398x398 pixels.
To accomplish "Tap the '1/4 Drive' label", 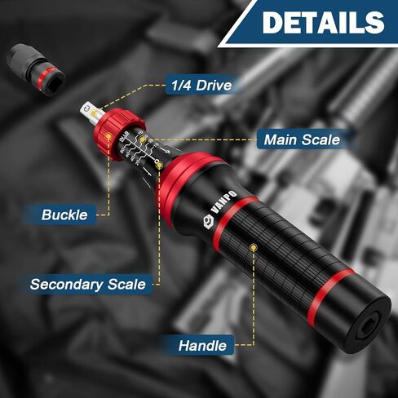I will pos(200,85).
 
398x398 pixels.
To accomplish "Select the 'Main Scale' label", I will pos(301,139).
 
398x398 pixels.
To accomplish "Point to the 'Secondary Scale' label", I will pos(88,285).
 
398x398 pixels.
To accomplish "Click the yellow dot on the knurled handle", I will pos(254,245).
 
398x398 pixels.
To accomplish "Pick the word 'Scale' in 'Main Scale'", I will pos(319,139).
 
